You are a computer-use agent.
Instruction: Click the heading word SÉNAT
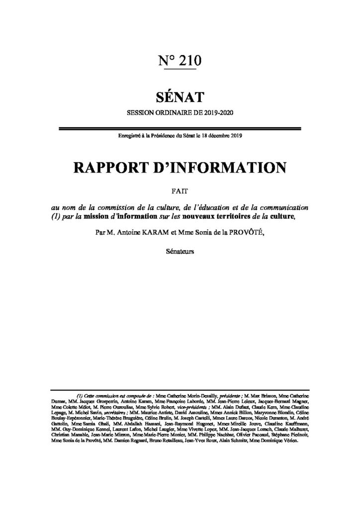(180, 94)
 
